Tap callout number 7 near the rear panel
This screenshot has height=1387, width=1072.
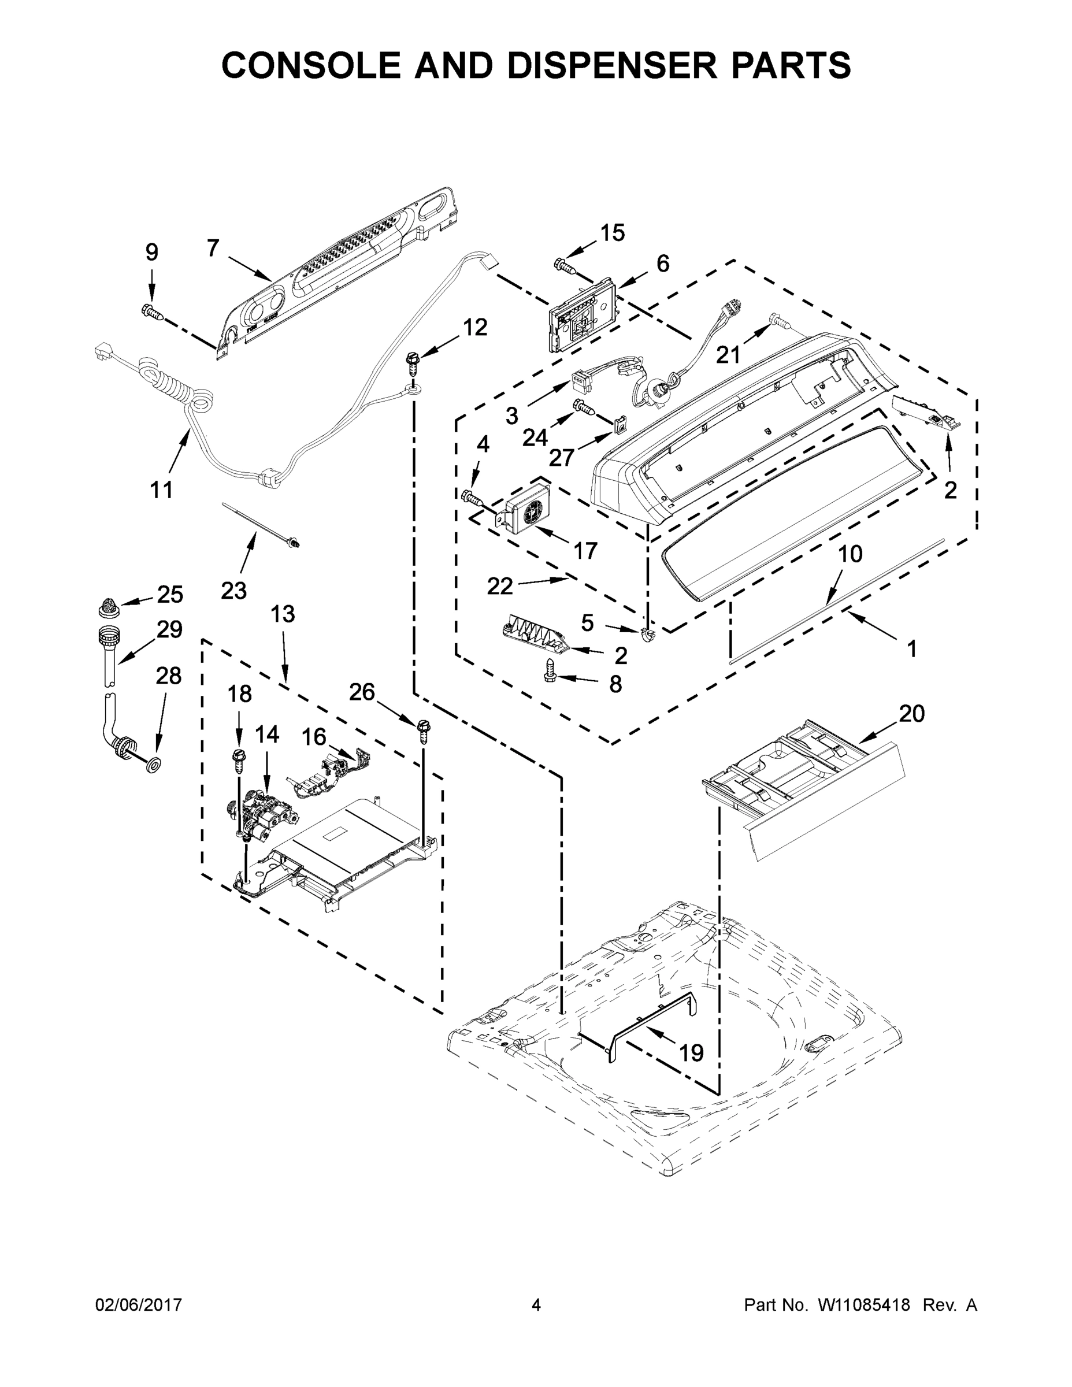(x=213, y=248)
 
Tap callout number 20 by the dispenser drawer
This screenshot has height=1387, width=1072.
(x=911, y=714)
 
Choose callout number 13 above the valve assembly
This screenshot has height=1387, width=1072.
(x=283, y=614)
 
